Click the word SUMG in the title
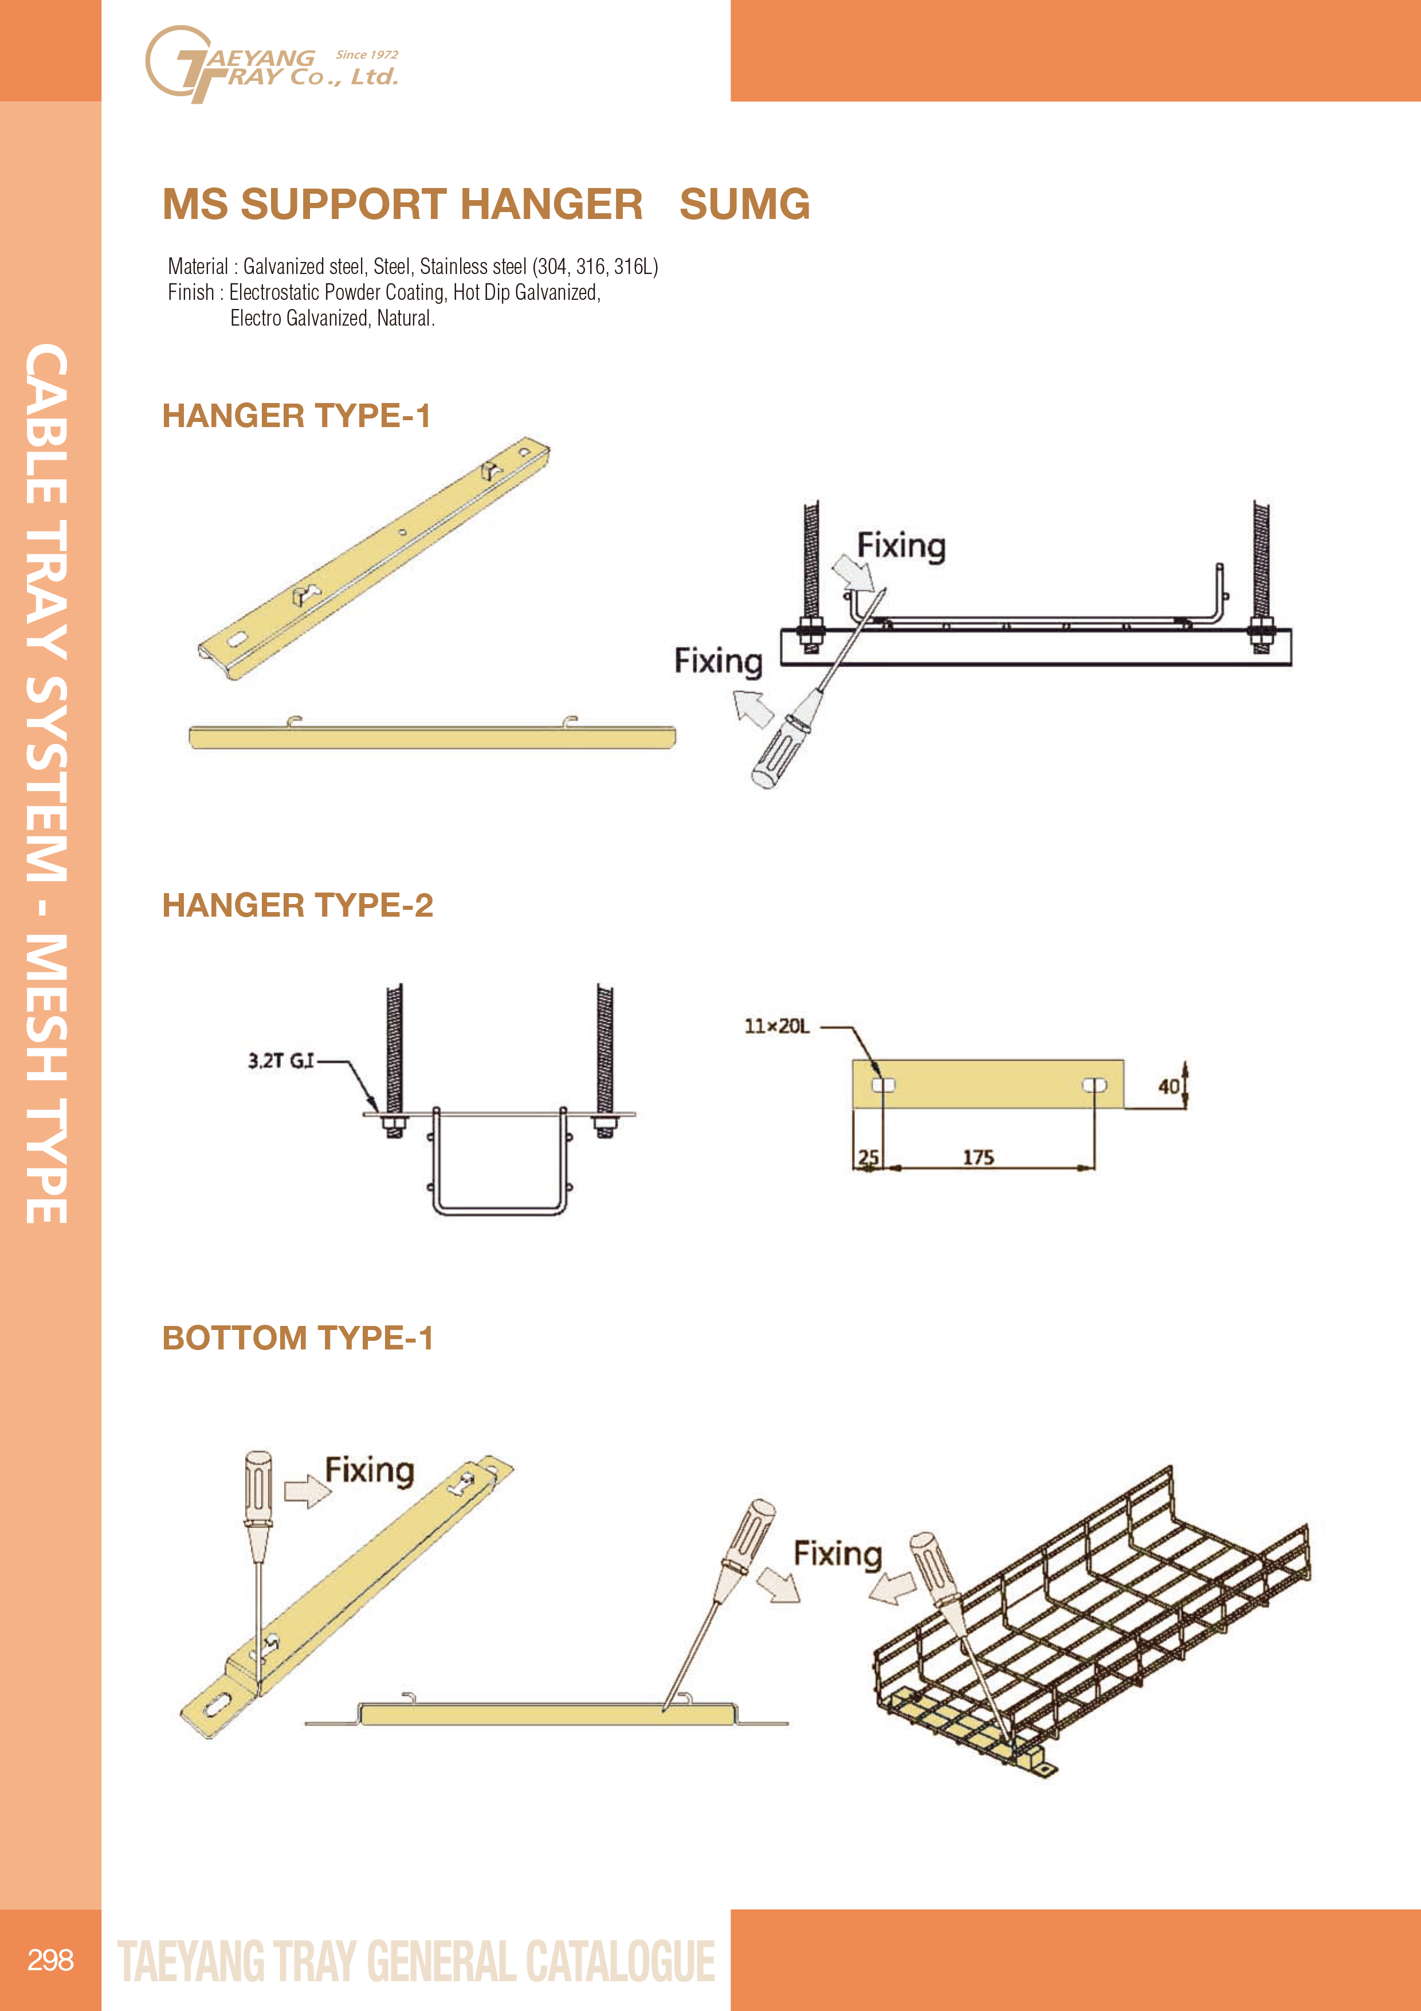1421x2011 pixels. point(744,204)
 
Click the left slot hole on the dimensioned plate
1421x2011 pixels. point(884,1085)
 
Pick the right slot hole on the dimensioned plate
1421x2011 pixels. point(1094,1085)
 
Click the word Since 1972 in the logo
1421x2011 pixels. point(367,54)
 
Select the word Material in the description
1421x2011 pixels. point(198,266)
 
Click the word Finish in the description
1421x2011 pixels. point(191,292)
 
